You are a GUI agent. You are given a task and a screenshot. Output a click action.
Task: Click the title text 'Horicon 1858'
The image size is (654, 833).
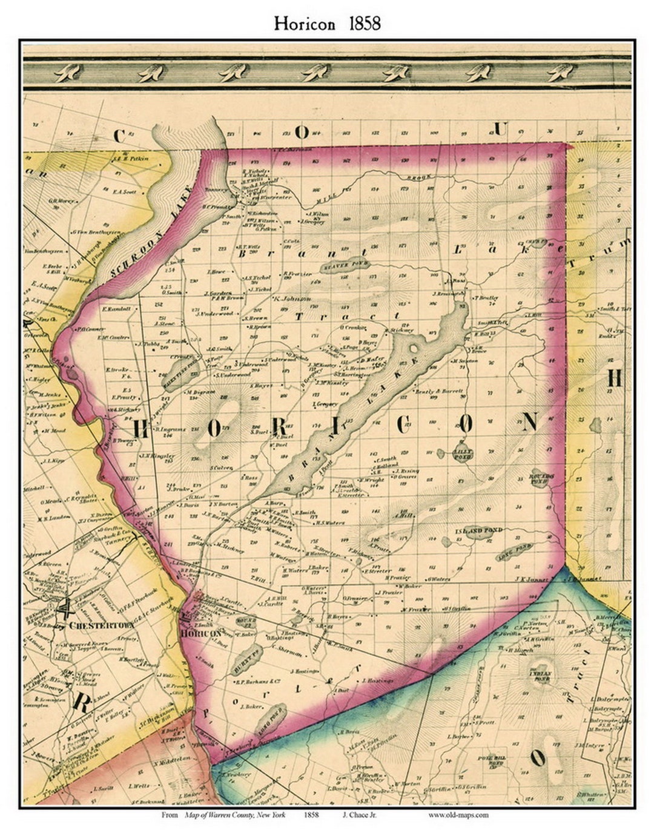pyautogui.click(x=327, y=24)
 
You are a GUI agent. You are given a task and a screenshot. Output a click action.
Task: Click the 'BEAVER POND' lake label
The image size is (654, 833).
pyautogui.click(x=338, y=265)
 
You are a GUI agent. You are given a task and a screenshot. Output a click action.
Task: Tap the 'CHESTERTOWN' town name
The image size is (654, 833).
pyautogui.click(x=97, y=625)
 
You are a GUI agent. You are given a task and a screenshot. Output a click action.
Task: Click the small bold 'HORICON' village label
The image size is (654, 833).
pyautogui.click(x=201, y=633)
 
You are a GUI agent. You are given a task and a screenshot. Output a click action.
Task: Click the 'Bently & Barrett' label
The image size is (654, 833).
pyautogui.click(x=440, y=391)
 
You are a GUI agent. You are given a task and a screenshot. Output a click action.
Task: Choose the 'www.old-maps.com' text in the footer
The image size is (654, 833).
pyautogui.click(x=458, y=815)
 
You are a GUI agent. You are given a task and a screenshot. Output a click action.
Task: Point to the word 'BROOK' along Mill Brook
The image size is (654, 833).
pyautogui.click(x=418, y=179)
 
